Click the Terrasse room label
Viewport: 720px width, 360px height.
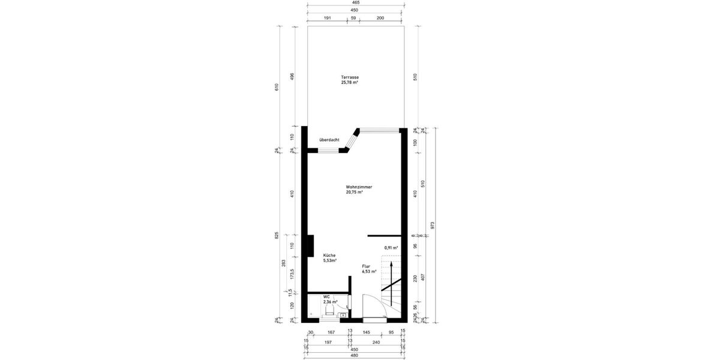tap(350, 77)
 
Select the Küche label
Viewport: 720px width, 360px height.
tap(329, 255)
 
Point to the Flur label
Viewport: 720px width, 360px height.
tap(366, 266)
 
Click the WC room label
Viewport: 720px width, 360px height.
tap(326, 296)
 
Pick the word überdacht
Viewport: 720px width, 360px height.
tap(329, 140)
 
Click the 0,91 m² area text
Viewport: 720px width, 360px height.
tap(391, 248)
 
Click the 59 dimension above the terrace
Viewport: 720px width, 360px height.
tap(353, 19)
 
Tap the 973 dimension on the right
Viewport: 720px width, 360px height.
tap(433, 224)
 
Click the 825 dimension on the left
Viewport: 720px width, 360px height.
tap(277, 235)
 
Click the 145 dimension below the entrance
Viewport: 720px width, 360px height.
tap(366, 332)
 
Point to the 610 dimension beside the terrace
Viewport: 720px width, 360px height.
tap(277, 86)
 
